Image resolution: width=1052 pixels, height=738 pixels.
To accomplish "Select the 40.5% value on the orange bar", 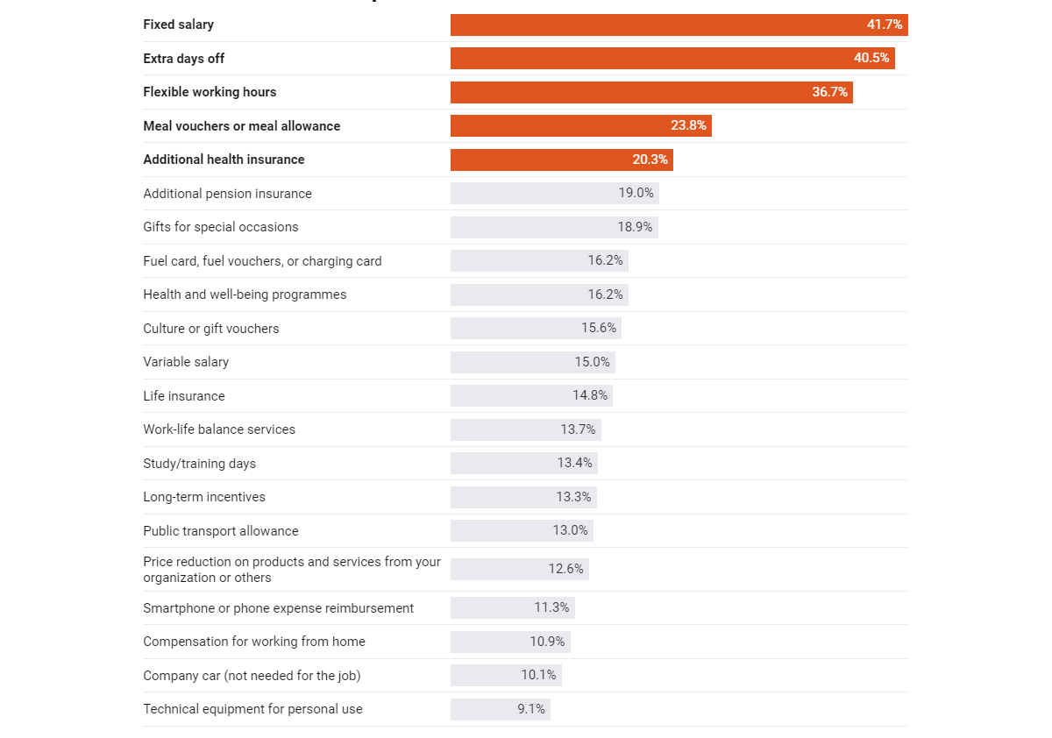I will (x=871, y=59).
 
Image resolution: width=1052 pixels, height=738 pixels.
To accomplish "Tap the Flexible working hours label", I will (x=210, y=92).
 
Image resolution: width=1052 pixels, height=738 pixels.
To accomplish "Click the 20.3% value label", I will (x=650, y=160).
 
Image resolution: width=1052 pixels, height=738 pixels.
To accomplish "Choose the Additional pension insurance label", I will (x=227, y=194).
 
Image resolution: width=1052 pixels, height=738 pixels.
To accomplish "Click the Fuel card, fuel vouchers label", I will (x=262, y=261).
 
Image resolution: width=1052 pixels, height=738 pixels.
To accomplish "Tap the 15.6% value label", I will (x=599, y=329).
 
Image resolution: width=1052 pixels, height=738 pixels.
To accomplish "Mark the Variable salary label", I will (x=186, y=362).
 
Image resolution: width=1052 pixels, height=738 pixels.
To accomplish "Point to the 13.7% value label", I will (x=578, y=429).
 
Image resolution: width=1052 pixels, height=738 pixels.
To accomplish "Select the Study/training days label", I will (x=200, y=464).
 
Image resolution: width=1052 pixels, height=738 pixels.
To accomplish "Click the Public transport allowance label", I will (x=221, y=531).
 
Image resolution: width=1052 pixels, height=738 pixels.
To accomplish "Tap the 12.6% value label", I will (x=566, y=569).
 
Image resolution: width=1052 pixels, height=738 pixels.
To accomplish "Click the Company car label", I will (x=252, y=676).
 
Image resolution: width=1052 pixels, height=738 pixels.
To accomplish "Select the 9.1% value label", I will (x=531, y=709).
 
